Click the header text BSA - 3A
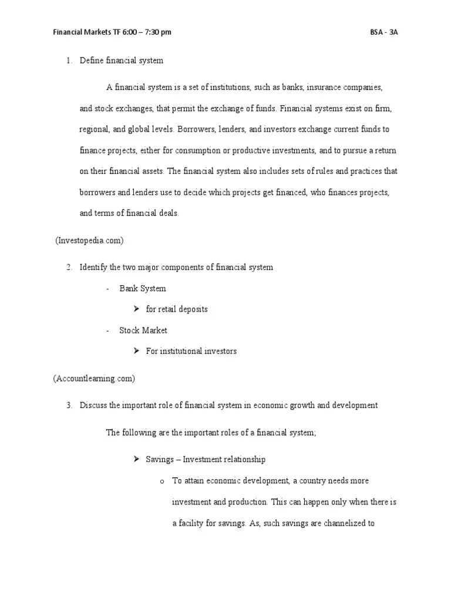pyautogui.click(x=384, y=32)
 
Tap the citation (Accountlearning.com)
pyautogui.click(x=94, y=379)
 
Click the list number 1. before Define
pyautogui.click(x=69, y=61)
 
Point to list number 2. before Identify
pyautogui.click(x=69, y=267)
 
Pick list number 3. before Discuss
pyautogui.click(x=69, y=405)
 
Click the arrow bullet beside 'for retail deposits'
pyautogui.click(x=135, y=309)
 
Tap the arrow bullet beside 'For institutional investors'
pyautogui.click(x=135, y=351)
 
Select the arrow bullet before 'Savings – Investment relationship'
pyautogui.click(x=135, y=459)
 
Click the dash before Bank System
pyautogui.click(x=109, y=289)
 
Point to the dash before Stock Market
pyautogui.click(x=109, y=330)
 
